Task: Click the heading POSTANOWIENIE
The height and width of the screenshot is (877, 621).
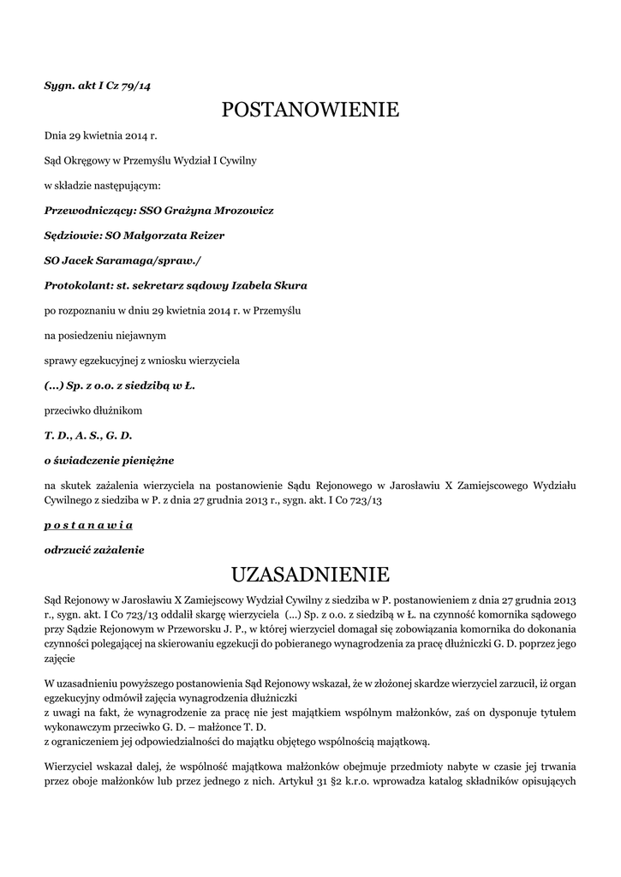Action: (x=310, y=110)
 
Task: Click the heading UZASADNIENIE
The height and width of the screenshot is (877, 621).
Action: (x=310, y=573)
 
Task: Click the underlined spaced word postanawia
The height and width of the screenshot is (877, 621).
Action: (x=88, y=524)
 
